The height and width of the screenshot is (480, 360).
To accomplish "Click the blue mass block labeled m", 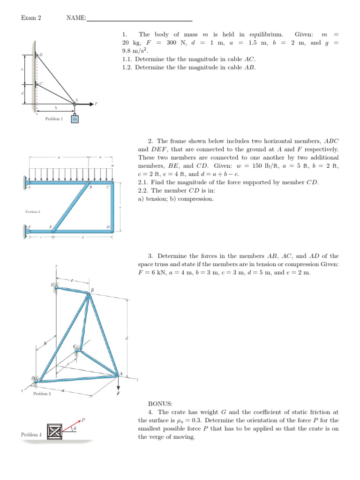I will (75, 119).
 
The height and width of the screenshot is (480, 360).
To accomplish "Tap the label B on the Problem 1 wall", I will (41, 55).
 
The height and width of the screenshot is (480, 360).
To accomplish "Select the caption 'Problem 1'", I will (54, 119).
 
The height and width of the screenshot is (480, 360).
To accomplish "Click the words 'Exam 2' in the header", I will (31, 18).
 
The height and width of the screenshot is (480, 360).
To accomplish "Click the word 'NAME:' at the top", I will (76, 18).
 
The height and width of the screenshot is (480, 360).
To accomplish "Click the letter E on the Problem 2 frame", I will (51, 226).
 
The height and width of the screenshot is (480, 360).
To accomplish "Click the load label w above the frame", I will (112, 166).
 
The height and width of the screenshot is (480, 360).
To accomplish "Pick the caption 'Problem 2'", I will (32, 212).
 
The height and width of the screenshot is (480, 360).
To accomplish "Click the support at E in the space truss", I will (56, 287).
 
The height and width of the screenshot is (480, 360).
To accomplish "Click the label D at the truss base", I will (33, 378).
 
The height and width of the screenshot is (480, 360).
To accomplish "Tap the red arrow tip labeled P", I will (81, 420).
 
